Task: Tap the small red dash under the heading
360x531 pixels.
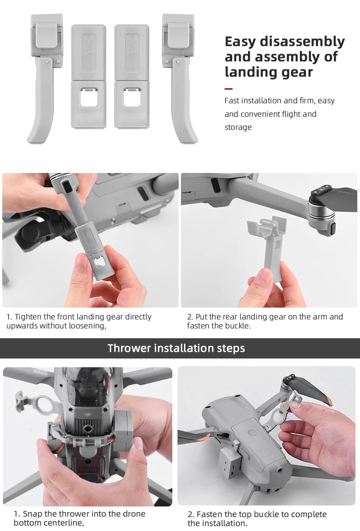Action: (x=229, y=88)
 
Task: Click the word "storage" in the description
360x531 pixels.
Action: (x=238, y=127)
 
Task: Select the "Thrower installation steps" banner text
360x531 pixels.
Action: (x=176, y=348)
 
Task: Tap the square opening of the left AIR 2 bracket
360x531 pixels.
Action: (x=88, y=98)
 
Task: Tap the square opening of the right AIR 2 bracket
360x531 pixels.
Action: (x=131, y=98)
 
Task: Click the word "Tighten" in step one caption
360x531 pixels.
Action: (x=30, y=317)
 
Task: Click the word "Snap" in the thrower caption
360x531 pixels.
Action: (x=32, y=514)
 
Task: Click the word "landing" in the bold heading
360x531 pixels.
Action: (x=249, y=72)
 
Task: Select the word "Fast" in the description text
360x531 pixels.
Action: (x=232, y=101)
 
